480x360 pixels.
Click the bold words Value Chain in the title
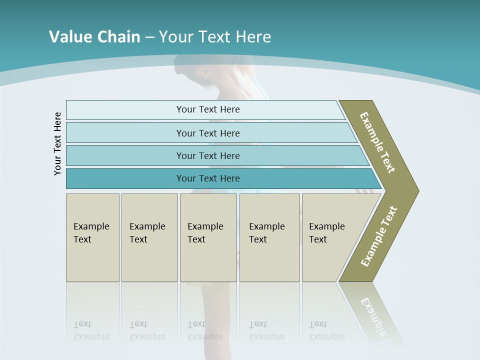pyautogui.click(x=94, y=37)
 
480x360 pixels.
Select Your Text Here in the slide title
pyautogui.click(x=215, y=37)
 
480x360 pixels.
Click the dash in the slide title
pyautogui.click(x=149, y=37)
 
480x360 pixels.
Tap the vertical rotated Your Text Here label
pyautogui.click(x=57, y=143)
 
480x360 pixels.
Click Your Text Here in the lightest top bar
pyautogui.click(x=208, y=109)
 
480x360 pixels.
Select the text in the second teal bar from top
pyautogui.click(x=208, y=133)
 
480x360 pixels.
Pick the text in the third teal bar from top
pyautogui.click(x=208, y=156)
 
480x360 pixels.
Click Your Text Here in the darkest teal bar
pyautogui.click(x=208, y=178)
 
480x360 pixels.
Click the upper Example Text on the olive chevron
pyautogui.click(x=377, y=142)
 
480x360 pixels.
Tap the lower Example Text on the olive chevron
pyautogui.click(x=378, y=236)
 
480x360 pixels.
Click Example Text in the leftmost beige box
pyautogui.click(x=91, y=233)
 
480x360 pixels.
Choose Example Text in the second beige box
pyautogui.click(x=147, y=233)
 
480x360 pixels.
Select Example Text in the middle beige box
pyautogui.click(x=205, y=233)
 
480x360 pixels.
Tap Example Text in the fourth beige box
pyautogui.click(x=266, y=233)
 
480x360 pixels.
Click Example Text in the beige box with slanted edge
pyautogui.click(x=326, y=233)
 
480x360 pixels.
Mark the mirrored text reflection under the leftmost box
pyautogui.click(x=91, y=330)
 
